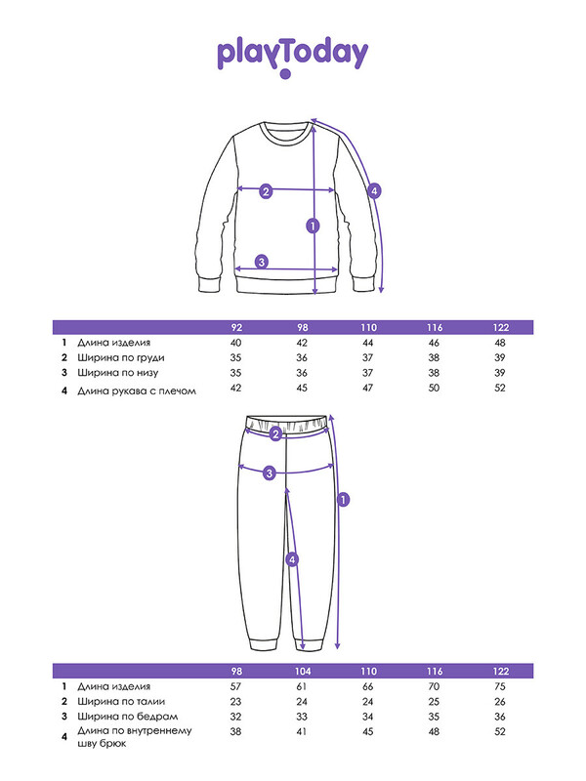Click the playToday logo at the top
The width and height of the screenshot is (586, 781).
[x=292, y=58]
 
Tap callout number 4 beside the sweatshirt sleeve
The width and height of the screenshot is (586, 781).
[x=374, y=190]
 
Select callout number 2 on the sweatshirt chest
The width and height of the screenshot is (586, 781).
[x=266, y=190]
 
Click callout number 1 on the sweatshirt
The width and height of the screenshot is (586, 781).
[x=313, y=226]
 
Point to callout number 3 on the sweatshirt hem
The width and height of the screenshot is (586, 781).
[x=262, y=262]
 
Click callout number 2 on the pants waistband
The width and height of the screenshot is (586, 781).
[x=276, y=434]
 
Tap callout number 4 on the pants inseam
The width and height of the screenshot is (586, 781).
[x=292, y=559]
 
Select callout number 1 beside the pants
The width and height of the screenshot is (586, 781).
[x=344, y=499]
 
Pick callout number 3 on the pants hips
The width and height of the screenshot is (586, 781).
[x=270, y=473]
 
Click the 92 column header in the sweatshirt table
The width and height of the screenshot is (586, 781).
[x=236, y=327]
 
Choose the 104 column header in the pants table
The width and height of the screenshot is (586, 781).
[x=303, y=671]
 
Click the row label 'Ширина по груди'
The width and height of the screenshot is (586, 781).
[x=120, y=357]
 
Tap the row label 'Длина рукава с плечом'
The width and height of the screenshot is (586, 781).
[x=137, y=391]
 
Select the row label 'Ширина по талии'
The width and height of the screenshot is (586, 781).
[x=121, y=701]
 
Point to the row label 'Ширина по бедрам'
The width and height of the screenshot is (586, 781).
[x=128, y=717]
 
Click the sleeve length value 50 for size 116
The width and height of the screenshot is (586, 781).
[x=434, y=388]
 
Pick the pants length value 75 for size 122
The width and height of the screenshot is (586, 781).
[x=500, y=686]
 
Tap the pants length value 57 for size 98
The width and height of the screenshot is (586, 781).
[x=235, y=686]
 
